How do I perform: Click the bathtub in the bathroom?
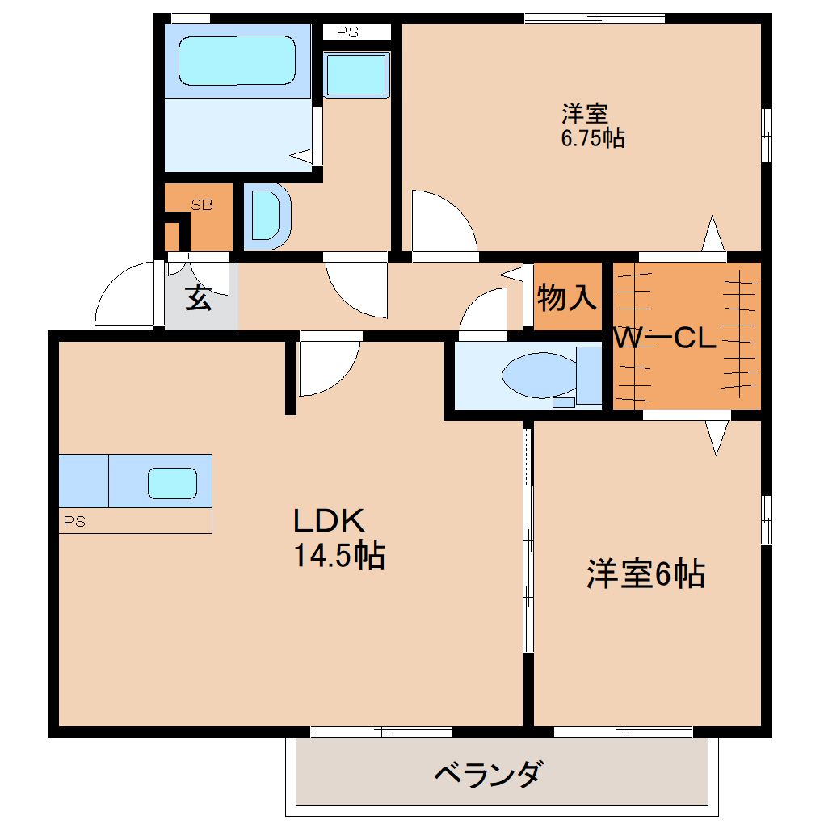pyautogui.click(x=237, y=61)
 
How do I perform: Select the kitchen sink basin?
pyautogui.click(x=172, y=483)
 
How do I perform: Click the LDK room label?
pyautogui.click(x=330, y=522)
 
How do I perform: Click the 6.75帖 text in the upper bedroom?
pyautogui.click(x=593, y=138)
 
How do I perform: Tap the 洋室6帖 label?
pyautogui.click(x=645, y=574)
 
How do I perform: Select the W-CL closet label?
pyautogui.click(x=665, y=338)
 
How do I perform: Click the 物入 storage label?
pyautogui.click(x=566, y=298)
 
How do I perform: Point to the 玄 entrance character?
pyautogui.click(x=199, y=298)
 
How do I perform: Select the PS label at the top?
pyautogui.click(x=347, y=32)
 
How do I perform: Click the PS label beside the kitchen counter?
pyautogui.click(x=74, y=522)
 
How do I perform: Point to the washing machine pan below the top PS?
pyautogui.click(x=356, y=75)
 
